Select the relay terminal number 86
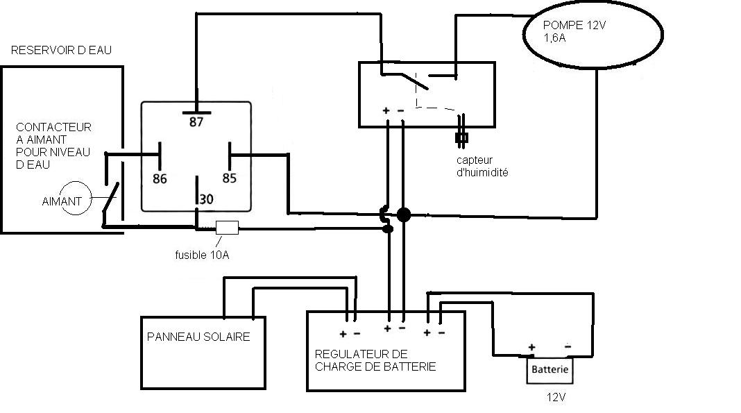tap(160, 178)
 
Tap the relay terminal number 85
tap(230, 178)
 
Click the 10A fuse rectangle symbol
tap(228, 226)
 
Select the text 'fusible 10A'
tap(202, 255)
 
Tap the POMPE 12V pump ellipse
tap(593, 39)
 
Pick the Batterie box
tap(550, 369)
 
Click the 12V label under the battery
tap(556, 398)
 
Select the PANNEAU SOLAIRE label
tap(198, 337)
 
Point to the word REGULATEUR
tap(346, 354)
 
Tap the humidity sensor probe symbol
tap(461, 137)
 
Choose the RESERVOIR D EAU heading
tap(61, 51)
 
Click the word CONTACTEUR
tap(54, 128)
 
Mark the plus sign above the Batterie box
tap(532, 347)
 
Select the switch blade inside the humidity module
tap(414, 81)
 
